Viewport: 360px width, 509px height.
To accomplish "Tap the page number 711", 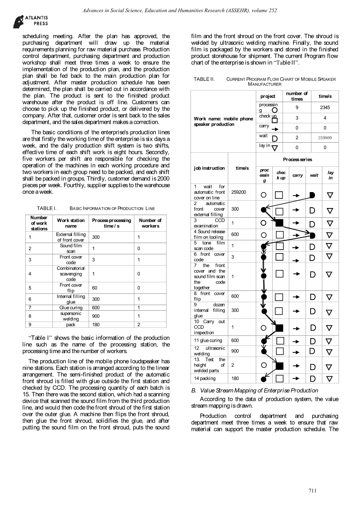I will (313, 491).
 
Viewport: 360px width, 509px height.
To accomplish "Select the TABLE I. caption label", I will (47, 208).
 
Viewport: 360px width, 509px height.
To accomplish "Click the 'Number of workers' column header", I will (150, 223).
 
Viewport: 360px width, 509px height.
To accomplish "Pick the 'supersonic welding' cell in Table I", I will (71, 316).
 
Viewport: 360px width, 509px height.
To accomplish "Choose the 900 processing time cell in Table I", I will (96, 316).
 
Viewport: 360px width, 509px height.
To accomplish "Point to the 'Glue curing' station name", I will (71, 308).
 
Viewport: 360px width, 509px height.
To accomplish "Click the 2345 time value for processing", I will (325, 107).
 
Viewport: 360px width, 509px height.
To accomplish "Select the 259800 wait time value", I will (325, 138).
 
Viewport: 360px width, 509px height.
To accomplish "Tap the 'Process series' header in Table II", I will (297, 159).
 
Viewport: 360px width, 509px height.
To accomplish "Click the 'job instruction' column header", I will (209, 168).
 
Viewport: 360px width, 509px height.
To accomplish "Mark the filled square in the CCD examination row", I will (279, 223).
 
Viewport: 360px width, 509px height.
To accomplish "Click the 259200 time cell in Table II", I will (239, 192).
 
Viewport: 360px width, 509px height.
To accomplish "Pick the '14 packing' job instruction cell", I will (205, 378).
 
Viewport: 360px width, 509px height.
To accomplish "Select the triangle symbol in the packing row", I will (330, 378).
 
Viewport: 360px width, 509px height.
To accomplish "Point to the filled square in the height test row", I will (279, 366).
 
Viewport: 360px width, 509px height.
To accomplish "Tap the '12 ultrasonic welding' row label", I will (209, 351).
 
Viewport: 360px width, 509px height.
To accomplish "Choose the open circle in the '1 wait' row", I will (264, 194).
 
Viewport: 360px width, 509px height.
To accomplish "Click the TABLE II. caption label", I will (204, 79).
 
